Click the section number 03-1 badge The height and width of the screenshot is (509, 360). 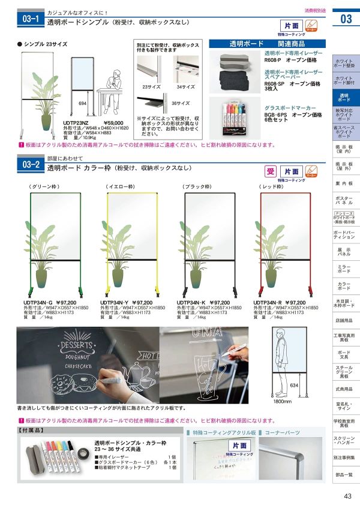point(30,19)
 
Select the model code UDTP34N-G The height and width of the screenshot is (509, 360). point(38,302)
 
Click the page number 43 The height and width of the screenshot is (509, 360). point(347,495)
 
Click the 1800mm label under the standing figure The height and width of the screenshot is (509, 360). point(282,402)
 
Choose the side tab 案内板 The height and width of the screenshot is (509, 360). point(344,183)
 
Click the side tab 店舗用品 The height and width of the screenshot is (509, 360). point(344,321)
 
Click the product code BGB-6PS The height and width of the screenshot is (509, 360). point(277,114)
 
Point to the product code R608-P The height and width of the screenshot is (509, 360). point(274,59)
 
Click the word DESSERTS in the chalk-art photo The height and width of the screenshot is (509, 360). point(76,345)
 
